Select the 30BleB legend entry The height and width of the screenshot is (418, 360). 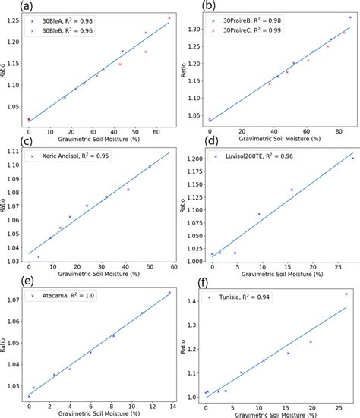coord(65,34)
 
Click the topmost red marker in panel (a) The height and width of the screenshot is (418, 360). coord(169,17)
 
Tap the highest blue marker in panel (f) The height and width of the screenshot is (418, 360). coord(346,294)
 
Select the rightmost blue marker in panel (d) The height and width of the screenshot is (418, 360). coord(352,158)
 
